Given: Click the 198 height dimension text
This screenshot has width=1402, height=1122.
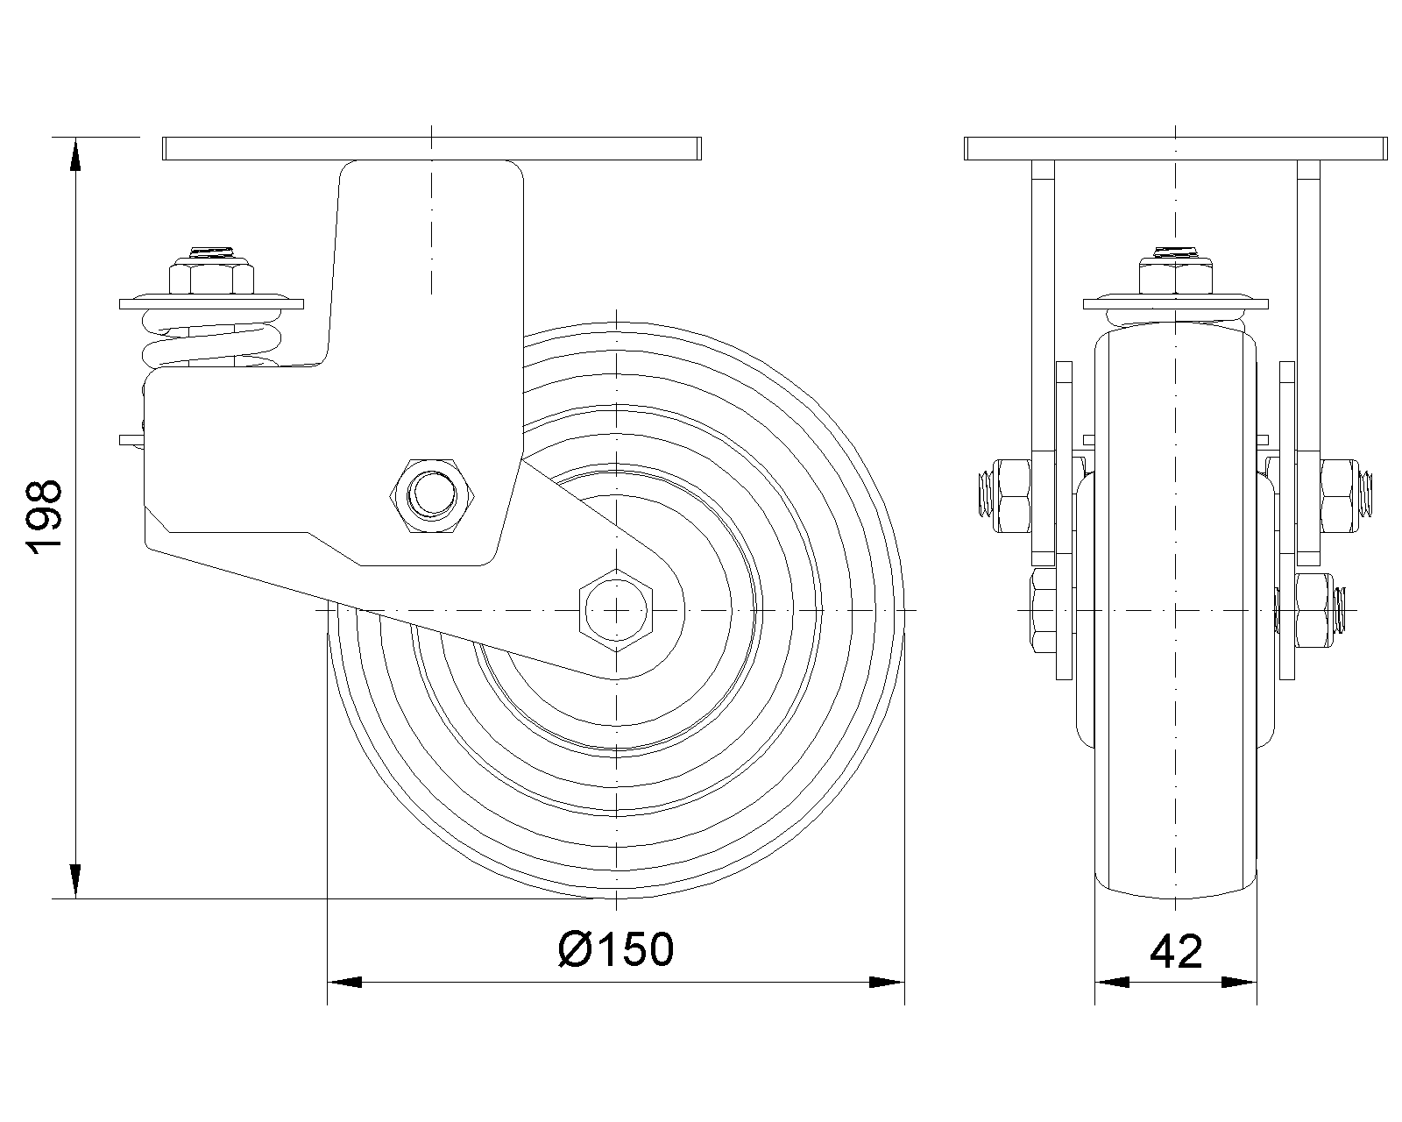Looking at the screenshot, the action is [45, 517].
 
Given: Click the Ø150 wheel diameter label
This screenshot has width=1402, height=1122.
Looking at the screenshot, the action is [616, 949].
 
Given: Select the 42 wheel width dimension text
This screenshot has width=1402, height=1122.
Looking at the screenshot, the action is [1175, 951].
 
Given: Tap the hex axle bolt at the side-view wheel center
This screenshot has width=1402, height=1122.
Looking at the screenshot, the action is [616, 610].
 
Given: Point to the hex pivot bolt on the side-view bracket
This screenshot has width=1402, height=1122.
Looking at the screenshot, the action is [431, 496].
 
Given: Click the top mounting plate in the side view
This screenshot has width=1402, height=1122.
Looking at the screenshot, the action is [431, 148].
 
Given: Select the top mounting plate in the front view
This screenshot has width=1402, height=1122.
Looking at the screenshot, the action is [1175, 148].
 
